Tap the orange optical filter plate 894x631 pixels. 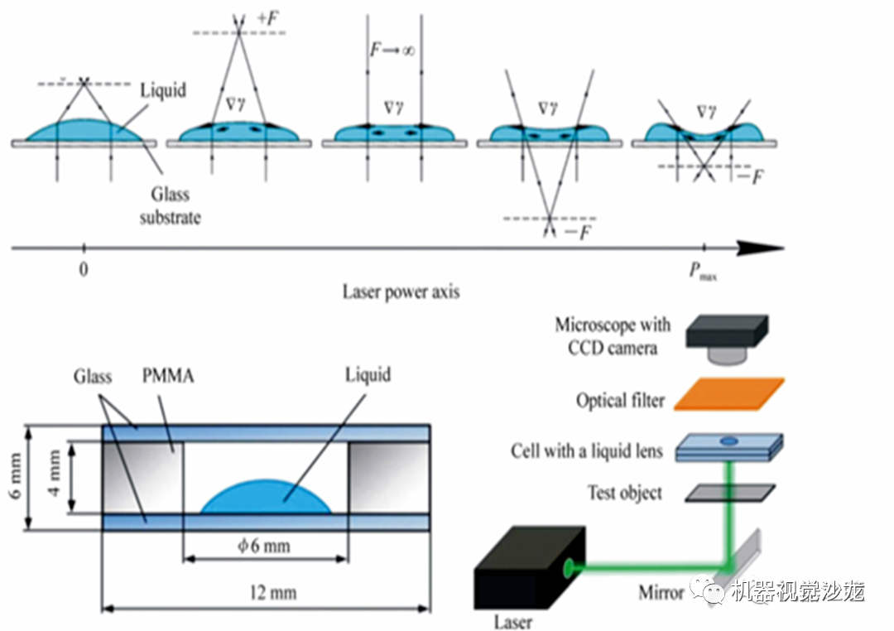point(729,393)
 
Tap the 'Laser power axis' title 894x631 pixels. point(401,291)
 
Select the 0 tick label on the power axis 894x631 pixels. point(83,269)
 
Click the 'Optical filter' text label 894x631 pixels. point(620,401)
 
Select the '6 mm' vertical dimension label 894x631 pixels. point(12,477)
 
